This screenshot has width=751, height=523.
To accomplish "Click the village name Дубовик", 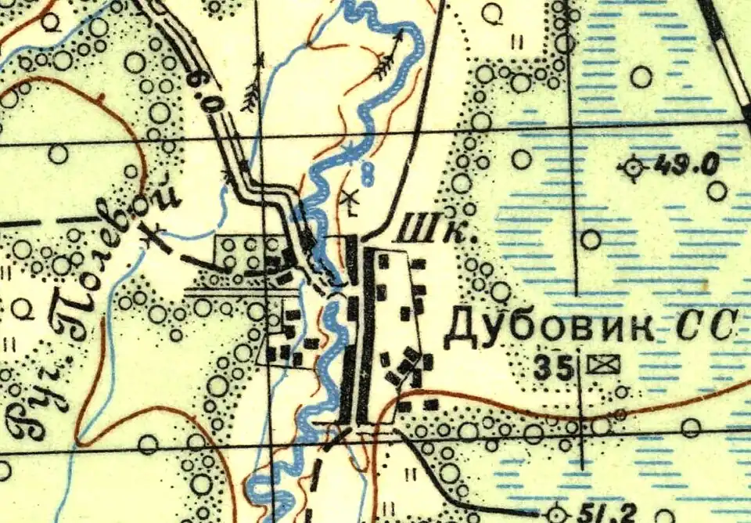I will point(548,327).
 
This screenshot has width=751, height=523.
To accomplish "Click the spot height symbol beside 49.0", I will point(632,167).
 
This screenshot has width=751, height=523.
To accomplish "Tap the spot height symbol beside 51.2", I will point(557,514).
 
